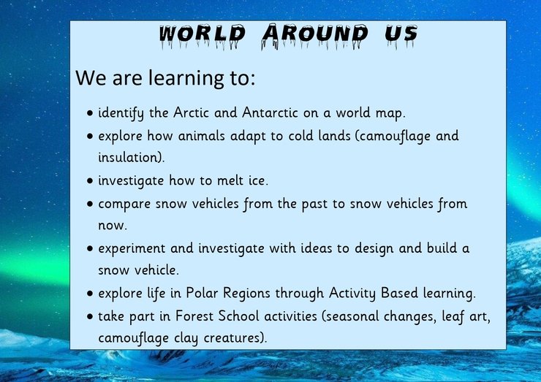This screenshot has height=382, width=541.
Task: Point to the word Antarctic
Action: (x=270, y=112)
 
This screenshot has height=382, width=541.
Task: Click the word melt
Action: (x=230, y=180)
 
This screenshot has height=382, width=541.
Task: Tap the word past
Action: (x=314, y=204)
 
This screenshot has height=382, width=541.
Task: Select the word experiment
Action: (x=132, y=249)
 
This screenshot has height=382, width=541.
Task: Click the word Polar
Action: (x=203, y=293)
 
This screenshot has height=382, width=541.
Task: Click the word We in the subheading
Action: (x=91, y=77)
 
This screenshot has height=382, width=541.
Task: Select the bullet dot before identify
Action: (x=90, y=112)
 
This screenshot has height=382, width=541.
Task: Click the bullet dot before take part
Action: (x=90, y=316)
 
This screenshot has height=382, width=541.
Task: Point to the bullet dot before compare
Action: (x=90, y=204)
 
